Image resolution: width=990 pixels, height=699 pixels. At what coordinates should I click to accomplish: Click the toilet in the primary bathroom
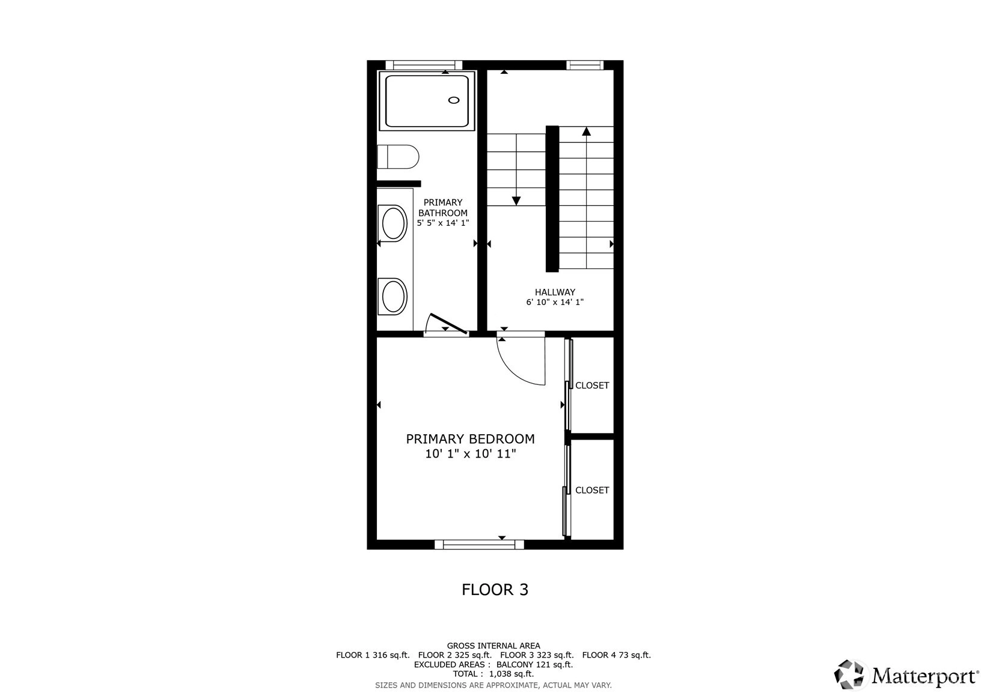(x=398, y=157)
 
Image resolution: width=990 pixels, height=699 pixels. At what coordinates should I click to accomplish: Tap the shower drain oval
(x=454, y=100)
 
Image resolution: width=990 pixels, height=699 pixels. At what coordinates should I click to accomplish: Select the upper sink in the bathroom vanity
(x=393, y=223)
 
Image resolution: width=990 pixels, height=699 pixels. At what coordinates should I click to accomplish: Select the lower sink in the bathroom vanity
(x=393, y=296)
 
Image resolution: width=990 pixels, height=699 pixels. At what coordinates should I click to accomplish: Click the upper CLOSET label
(x=592, y=386)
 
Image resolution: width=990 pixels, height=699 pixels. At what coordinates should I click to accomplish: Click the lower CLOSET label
(x=592, y=490)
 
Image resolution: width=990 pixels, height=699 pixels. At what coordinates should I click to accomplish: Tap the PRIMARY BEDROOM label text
(x=470, y=439)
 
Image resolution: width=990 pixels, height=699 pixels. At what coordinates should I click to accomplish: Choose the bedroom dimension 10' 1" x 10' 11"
(x=471, y=453)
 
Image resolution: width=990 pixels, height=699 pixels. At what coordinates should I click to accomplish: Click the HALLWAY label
(x=555, y=292)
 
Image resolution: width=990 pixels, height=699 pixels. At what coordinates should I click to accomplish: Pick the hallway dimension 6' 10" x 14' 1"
(x=555, y=303)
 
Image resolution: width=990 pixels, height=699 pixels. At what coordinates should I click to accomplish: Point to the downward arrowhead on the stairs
(x=516, y=201)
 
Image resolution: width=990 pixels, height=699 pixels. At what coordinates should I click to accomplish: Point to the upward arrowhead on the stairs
(x=587, y=131)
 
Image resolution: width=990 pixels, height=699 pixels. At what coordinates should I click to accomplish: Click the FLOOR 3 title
(x=495, y=590)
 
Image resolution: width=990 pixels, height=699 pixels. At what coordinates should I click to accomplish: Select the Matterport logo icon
(x=849, y=674)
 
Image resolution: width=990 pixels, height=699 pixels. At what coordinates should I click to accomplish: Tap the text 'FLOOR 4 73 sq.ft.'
(x=617, y=655)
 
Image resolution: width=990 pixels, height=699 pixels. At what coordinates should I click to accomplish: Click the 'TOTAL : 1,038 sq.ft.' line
(x=493, y=674)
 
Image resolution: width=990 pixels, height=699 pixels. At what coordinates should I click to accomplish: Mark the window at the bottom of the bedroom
(x=480, y=545)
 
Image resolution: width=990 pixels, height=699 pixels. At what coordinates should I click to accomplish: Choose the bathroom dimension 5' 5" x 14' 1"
(x=443, y=223)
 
